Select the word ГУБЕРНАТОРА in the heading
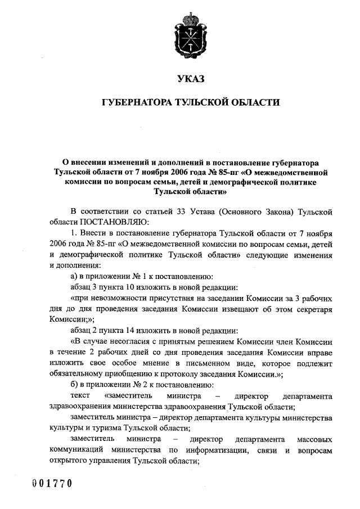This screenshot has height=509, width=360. click(x=137, y=103)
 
